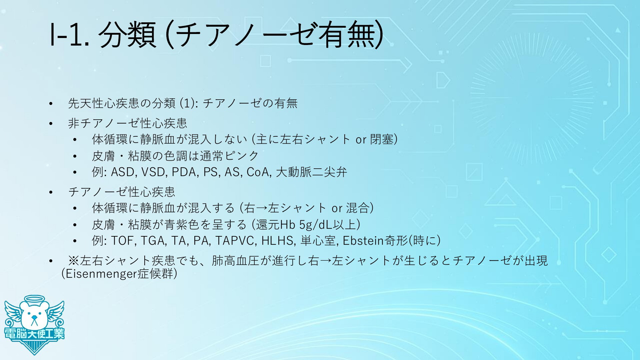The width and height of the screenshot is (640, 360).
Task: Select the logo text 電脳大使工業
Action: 34,333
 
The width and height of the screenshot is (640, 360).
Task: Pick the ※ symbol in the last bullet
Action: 74,261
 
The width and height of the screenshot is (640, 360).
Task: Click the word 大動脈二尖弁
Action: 312,172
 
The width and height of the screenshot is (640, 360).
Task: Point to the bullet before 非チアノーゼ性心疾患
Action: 51,124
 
